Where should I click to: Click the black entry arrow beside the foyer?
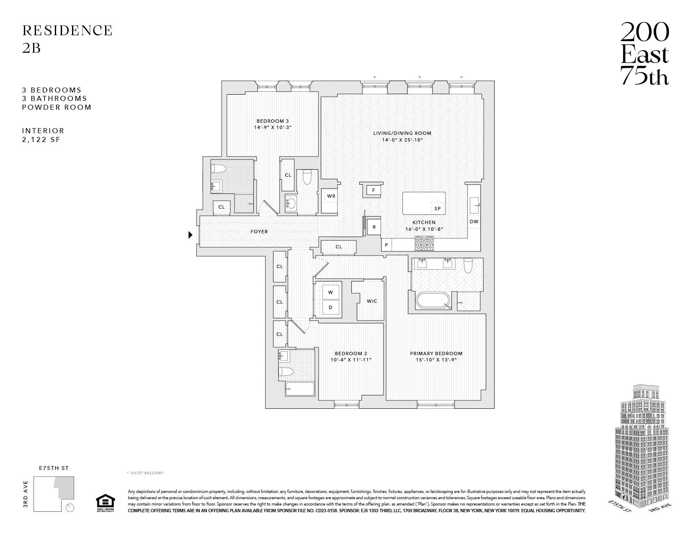[190, 235]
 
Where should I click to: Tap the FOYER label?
[259, 232]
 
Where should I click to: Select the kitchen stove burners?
[424, 242]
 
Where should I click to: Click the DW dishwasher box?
[474, 222]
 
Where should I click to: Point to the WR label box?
[331, 196]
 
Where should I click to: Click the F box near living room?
[374, 190]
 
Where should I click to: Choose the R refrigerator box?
[374, 227]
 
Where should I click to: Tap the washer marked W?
[330, 292]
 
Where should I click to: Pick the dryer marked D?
[330, 307]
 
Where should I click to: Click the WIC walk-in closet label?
[371, 301]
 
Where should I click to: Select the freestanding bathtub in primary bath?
[433, 301]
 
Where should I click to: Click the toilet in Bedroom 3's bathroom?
[219, 169]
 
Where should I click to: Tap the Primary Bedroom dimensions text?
[436, 360]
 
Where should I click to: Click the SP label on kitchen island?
[437, 209]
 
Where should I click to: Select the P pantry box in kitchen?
[386, 245]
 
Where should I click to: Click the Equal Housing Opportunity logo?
[105, 503]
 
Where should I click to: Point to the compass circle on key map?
[70, 508]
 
